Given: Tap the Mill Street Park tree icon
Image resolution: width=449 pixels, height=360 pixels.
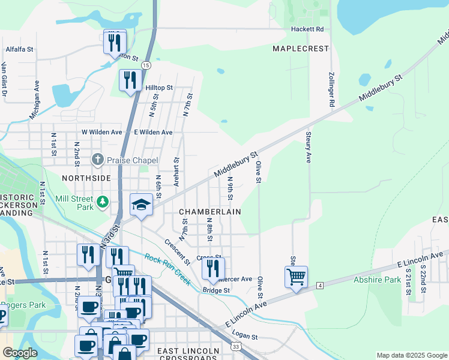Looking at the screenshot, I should click(x=103, y=202).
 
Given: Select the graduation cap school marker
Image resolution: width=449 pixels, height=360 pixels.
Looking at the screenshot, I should click(x=141, y=205).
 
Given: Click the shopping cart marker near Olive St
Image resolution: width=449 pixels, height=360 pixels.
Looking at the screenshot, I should click(x=296, y=277).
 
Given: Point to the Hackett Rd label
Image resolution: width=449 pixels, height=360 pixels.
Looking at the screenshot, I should click(x=307, y=29).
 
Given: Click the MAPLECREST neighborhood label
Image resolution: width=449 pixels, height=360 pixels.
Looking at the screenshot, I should click(x=301, y=48).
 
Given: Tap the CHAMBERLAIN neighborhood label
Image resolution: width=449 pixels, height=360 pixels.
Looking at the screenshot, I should click(x=210, y=212).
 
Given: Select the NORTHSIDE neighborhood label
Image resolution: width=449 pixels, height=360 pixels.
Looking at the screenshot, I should click(x=86, y=178).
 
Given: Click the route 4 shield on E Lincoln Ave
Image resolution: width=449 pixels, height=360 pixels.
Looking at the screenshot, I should click(x=319, y=285).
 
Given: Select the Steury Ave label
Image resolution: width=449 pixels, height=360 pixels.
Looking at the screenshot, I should click(x=309, y=147).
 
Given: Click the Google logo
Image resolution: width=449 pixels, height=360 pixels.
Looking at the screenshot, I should click(x=20, y=352).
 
